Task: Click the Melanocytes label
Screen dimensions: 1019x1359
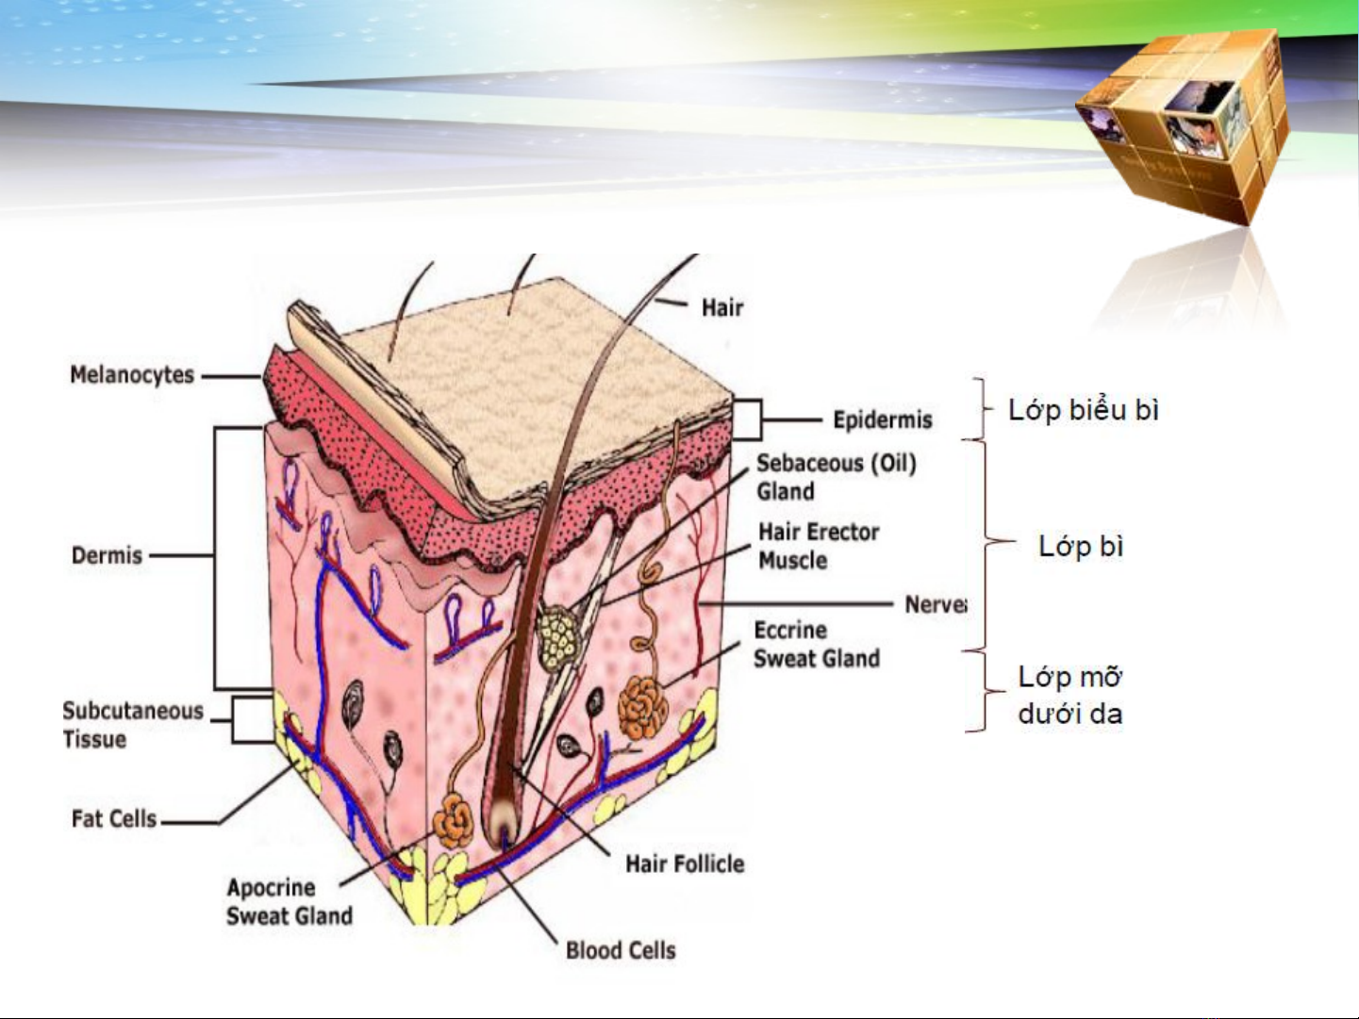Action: click(132, 375)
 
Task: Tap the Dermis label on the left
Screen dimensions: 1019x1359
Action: click(107, 555)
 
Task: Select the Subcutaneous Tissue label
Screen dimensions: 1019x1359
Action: click(132, 725)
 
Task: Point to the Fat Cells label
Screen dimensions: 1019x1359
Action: click(114, 818)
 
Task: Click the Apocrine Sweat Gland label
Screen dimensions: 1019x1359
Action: click(289, 901)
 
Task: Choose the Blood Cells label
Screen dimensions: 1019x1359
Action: click(621, 950)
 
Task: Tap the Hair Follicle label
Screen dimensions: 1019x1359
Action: click(685, 863)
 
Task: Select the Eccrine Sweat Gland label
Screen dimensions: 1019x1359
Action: click(816, 645)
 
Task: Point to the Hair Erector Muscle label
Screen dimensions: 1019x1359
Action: click(818, 546)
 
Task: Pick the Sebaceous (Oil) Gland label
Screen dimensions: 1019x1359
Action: click(836, 477)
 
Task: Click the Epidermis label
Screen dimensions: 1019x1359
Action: click(882, 419)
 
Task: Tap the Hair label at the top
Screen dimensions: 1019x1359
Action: click(721, 307)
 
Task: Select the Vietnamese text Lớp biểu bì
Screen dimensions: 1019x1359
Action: click(1083, 410)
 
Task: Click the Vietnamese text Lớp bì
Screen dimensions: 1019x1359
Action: click(1081, 546)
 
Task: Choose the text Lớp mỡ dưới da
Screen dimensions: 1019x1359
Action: click(1070, 695)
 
